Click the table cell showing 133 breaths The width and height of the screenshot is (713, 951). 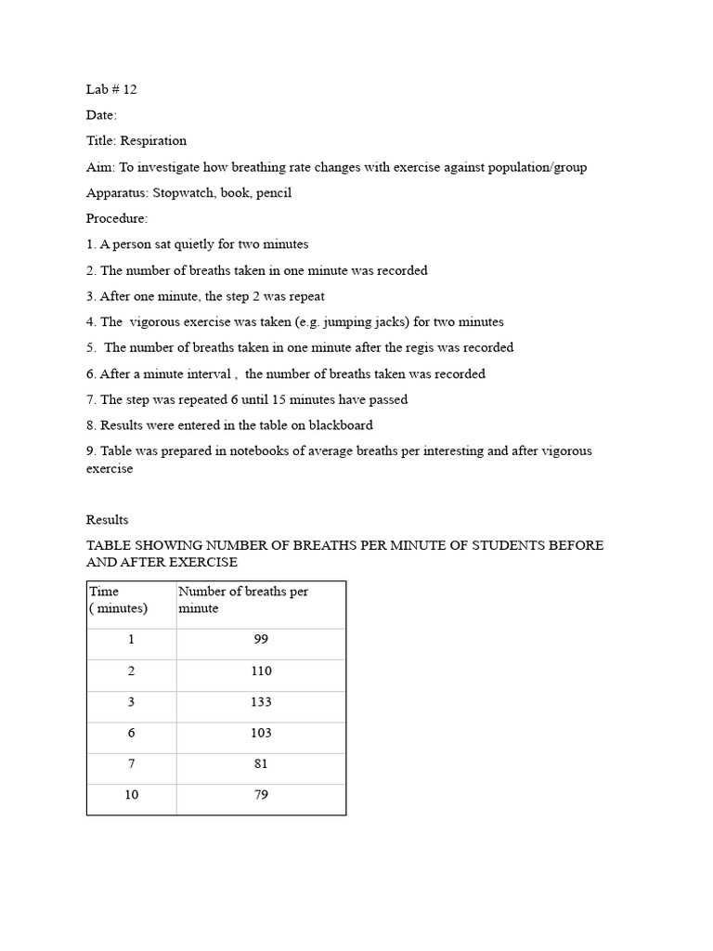coord(261,702)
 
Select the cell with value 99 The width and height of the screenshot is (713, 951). coord(261,640)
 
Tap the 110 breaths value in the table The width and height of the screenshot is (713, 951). coord(261,671)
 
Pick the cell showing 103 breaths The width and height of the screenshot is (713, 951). coord(261,733)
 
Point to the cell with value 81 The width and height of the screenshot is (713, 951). coord(261,764)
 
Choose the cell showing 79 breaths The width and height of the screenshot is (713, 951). coord(261,795)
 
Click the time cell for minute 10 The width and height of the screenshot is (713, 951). coord(132,795)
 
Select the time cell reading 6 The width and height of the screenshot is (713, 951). coord(132,733)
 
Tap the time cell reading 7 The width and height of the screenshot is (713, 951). coord(132,764)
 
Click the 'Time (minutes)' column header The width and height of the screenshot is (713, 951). coord(118,600)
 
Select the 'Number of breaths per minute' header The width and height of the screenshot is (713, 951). coord(243,600)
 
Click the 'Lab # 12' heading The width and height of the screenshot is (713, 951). coord(111,89)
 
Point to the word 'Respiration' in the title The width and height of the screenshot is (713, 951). coord(153,141)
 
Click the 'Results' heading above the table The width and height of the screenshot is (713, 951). coord(108,520)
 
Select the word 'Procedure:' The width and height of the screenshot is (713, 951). coord(117,219)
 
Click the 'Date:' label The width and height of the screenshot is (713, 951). coord(102,115)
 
